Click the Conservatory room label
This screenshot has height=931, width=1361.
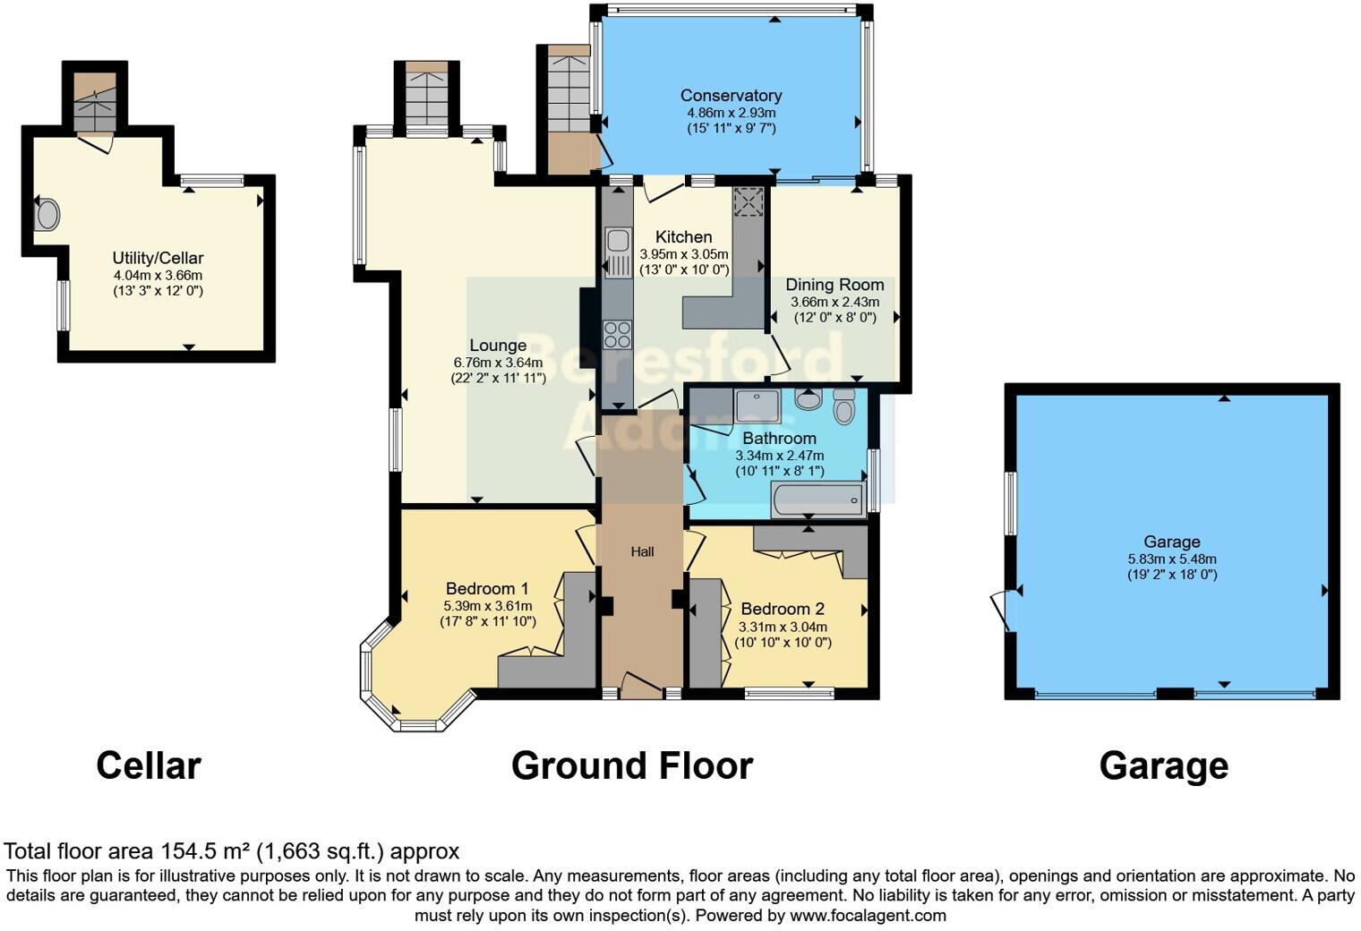(731, 95)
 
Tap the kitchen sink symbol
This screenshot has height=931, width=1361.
(618, 241)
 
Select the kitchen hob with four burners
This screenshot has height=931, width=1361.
(617, 334)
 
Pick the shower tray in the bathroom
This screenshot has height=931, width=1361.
(757, 406)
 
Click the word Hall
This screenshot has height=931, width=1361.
(642, 551)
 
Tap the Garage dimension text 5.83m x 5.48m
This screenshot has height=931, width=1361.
(1171, 559)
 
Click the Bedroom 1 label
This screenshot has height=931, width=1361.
(487, 588)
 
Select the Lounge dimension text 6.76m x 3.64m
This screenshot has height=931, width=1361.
(498, 363)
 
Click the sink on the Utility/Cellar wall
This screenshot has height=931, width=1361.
(47, 215)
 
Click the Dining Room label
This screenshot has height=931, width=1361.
(835, 285)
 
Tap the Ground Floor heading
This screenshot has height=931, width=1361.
(631, 765)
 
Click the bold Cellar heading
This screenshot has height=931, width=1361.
(149, 765)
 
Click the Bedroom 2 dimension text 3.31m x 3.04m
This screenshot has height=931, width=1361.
(783, 627)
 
